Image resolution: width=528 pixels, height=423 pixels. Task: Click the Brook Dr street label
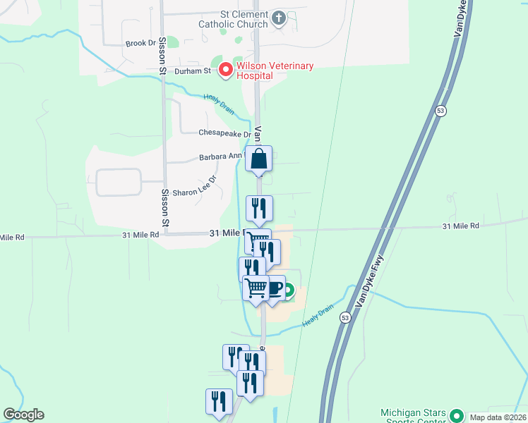(140, 43)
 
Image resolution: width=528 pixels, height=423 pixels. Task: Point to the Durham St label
(193, 70)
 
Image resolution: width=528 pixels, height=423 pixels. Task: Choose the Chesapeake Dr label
(224, 133)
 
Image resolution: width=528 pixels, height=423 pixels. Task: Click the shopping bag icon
(259, 159)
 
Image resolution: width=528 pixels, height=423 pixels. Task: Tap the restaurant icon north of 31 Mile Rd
(259, 209)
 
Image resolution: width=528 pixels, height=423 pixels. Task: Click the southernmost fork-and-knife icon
(219, 402)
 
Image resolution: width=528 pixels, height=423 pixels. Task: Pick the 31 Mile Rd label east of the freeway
(461, 226)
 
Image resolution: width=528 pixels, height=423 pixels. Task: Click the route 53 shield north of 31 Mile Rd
(440, 111)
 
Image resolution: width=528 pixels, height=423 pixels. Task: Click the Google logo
(23, 415)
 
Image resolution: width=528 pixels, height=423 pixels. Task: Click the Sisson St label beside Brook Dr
(162, 56)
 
